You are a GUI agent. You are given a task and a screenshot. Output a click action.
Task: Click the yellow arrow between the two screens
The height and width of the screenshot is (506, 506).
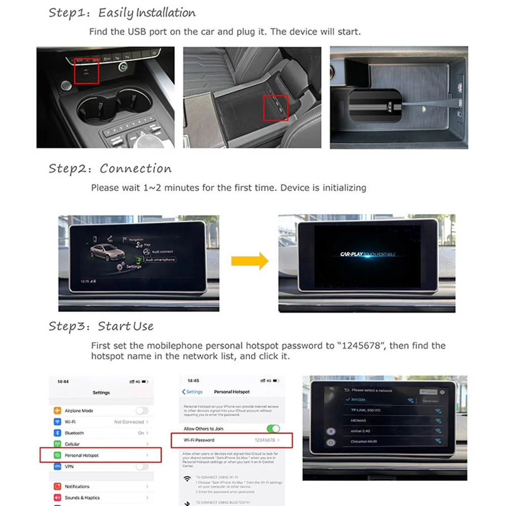pyautogui.click(x=249, y=261)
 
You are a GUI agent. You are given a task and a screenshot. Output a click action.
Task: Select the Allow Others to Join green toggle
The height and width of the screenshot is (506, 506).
pyautogui.click(x=273, y=429)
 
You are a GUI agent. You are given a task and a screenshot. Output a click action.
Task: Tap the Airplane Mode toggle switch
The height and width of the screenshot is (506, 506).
pyautogui.click(x=142, y=411)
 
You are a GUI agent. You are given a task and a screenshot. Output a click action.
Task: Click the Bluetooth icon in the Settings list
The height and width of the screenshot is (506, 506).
pyautogui.click(x=57, y=433)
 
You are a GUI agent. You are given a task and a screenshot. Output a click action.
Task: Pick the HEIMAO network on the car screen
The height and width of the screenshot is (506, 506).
pyautogui.click(x=359, y=420)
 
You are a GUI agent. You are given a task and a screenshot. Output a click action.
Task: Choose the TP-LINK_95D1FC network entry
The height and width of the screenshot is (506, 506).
pyautogui.click(x=366, y=410)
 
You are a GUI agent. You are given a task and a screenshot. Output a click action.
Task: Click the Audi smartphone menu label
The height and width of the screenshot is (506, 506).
pyautogui.click(x=160, y=260)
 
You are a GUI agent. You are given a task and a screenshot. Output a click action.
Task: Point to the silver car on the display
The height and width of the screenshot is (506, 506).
pyautogui.click(x=104, y=251)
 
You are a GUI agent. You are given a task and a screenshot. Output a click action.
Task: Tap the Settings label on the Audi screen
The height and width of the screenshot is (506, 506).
pyautogui.click(x=134, y=267)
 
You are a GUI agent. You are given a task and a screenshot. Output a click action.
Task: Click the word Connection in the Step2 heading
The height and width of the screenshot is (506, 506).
pyautogui.click(x=136, y=168)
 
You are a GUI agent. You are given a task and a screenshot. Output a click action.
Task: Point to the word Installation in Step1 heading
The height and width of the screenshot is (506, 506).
pyautogui.click(x=160, y=13)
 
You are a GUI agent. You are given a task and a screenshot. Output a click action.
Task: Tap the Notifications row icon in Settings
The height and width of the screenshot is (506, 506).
pyautogui.click(x=57, y=486)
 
